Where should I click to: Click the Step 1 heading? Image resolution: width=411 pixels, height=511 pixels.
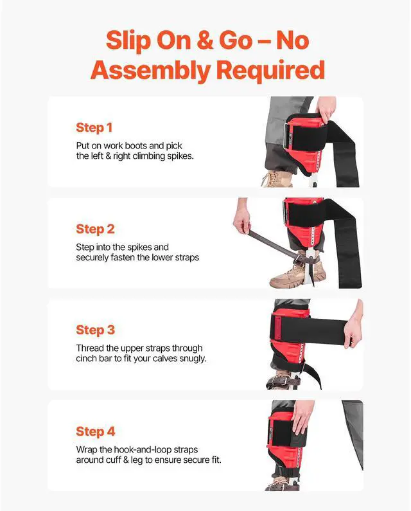[95, 127]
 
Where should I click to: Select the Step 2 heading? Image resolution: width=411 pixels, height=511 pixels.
[95, 229]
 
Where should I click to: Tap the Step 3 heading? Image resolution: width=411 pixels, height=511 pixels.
[95, 330]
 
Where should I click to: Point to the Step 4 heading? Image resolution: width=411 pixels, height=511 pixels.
[95, 431]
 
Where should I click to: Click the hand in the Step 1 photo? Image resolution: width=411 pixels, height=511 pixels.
[326, 111]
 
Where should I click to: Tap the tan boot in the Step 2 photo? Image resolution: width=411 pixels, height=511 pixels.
[292, 276]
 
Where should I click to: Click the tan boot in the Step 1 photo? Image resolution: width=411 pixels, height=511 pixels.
[277, 178]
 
